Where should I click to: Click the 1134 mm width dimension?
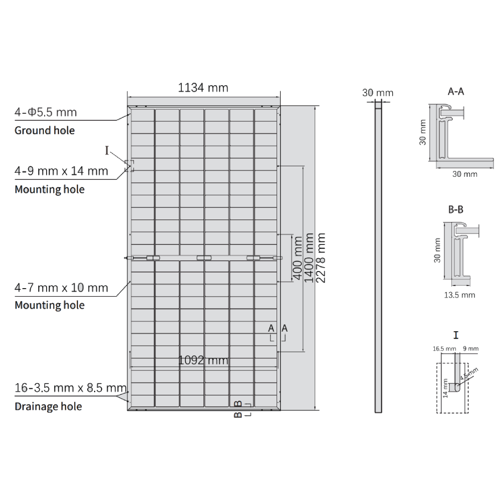tap(203, 88)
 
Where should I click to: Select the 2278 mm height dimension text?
tap(322, 258)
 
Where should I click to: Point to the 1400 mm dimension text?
tap(309, 258)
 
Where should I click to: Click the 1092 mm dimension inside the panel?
tap(203, 360)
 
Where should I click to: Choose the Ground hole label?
tap(45, 131)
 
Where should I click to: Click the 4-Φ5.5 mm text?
tap(46, 112)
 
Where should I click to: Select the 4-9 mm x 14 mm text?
tap(61, 171)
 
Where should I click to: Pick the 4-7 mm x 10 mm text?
tap(61, 288)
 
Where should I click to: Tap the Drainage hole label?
tap(48, 406)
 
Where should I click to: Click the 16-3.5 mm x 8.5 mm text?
tap(70, 387)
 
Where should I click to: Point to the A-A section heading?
tap(455, 92)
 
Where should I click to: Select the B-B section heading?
tap(455, 210)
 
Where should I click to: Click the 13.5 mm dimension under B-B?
tap(459, 295)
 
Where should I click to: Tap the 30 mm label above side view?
tap(378, 93)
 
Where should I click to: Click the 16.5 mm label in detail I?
tap(444, 348)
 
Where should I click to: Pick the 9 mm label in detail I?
tap(471, 348)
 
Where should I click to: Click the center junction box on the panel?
tap(203, 258)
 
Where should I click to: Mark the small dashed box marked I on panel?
tap(129, 166)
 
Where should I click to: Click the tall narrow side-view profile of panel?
tap(378, 258)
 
